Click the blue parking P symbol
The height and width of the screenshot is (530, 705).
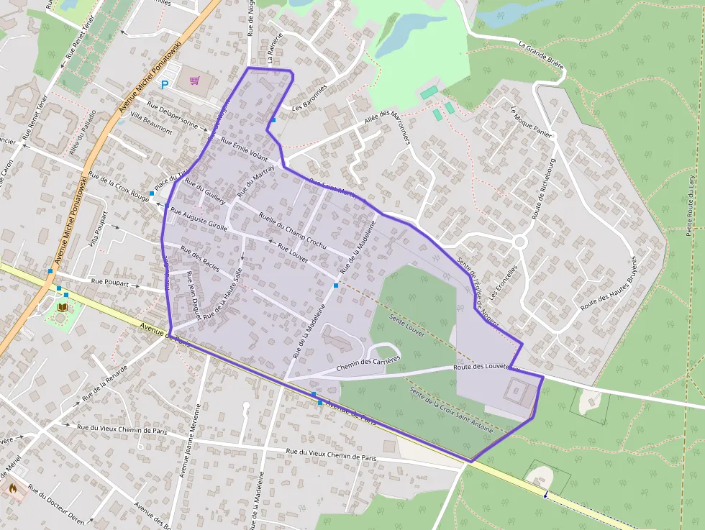(x=165, y=85)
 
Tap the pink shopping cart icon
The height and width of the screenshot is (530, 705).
(x=194, y=81)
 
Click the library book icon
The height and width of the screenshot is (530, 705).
(x=63, y=307)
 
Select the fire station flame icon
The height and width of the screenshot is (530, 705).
(x=12, y=487)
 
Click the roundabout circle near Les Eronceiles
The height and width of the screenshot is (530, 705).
(x=519, y=242)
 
